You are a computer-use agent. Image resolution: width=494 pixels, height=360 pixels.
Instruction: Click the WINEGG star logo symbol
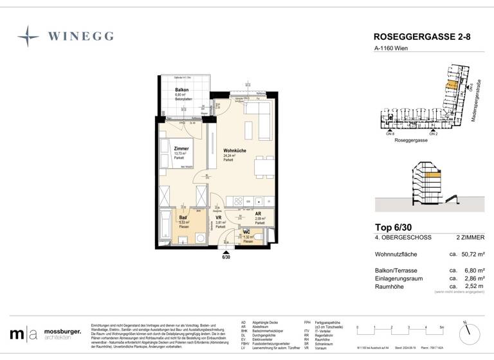(x=28, y=36)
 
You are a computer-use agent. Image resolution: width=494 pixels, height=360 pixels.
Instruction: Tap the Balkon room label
(x=181, y=90)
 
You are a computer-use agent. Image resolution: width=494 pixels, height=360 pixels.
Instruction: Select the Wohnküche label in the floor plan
(x=235, y=150)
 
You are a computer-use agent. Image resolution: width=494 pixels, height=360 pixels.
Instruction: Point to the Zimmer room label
(x=181, y=148)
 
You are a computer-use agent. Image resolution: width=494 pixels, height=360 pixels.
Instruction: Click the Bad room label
(x=183, y=217)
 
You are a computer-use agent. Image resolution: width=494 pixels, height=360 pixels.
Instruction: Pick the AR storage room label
(x=257, y=214)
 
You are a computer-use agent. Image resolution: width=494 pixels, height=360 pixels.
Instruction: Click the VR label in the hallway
(x=218, y=218)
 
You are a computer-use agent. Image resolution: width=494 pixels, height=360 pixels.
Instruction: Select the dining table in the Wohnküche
(x=260, y=168)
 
